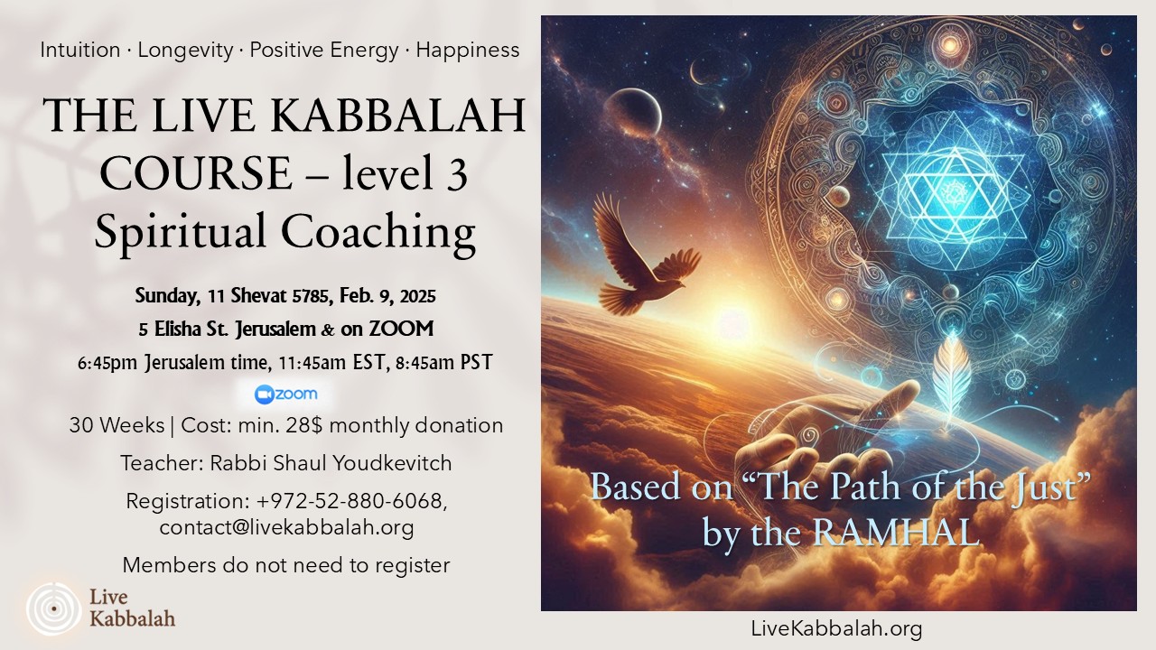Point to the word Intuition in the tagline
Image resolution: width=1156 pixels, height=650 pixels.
tap(80, 50)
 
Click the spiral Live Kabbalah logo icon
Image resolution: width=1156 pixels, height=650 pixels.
tap(53, 608)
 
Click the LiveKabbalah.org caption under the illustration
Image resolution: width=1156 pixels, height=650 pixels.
tap(836, 627)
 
